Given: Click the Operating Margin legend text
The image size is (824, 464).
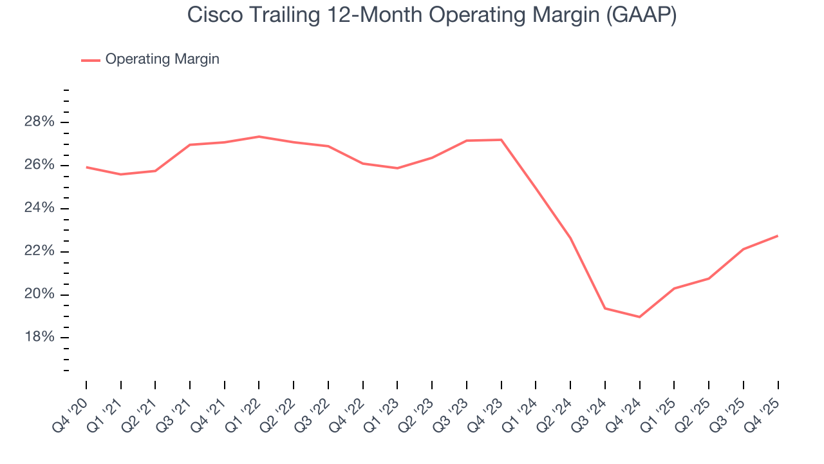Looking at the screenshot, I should [162, 59].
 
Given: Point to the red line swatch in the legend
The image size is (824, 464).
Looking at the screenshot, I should [90, 60].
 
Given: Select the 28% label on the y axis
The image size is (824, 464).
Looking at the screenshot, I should [39, 122].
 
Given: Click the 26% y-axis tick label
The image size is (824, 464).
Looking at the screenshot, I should [39, 166].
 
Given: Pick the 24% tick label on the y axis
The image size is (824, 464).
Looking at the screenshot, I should [39, 209].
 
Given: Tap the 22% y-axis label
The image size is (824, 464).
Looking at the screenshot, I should [39, 252].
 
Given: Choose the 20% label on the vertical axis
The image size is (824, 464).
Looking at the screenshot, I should [39, 295].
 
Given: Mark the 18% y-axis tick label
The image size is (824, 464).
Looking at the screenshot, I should [39, 338].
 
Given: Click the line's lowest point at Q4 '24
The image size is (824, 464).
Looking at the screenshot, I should [639, 317].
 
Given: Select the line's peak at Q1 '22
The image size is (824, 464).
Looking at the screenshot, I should [259, 137].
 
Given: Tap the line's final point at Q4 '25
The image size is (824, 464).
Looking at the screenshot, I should [778, 236].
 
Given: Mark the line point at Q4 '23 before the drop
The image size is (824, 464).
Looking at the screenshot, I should [501, 140].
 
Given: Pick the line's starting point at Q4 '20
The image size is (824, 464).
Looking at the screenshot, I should [86, 168].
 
